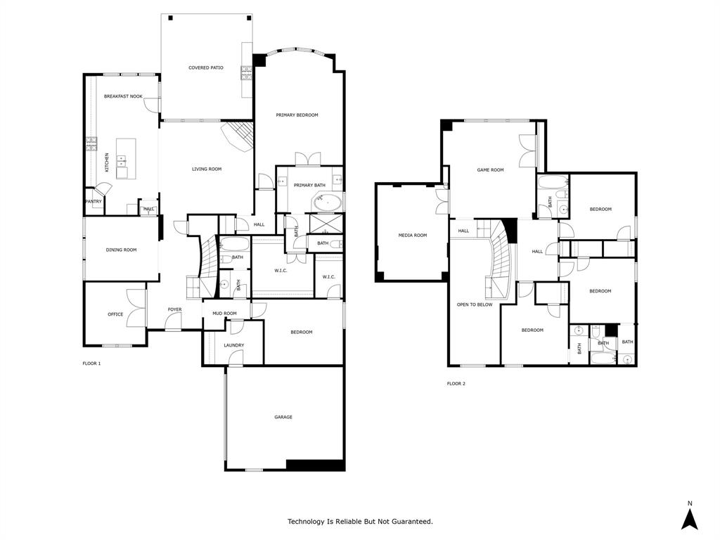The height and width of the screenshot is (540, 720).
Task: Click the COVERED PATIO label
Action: [206, 68]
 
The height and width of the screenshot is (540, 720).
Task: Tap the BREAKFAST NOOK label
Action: [123, 96]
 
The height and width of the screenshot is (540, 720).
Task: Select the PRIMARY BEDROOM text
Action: [297, 115]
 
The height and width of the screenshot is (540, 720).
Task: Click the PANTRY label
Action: [93, 202]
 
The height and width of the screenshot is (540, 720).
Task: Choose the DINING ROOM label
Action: [121, 250]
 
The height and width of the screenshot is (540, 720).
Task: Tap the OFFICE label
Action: [115, 314]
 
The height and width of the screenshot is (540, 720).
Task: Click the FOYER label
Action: [174, 309]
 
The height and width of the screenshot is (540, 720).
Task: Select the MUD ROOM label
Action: [224, 314]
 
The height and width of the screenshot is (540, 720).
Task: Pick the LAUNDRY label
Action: [234, 345]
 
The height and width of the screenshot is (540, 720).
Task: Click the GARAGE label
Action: [283, 417]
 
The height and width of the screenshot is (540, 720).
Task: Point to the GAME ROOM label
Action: [491, 170]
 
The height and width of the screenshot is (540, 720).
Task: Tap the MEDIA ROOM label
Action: [412, 236]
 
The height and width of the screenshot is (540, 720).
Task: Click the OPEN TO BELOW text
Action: [475, 304]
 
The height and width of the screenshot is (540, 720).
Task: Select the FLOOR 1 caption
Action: [92, 364]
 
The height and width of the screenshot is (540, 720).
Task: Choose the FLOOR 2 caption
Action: [456, 384]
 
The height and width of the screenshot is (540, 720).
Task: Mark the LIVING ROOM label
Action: [207, 169]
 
